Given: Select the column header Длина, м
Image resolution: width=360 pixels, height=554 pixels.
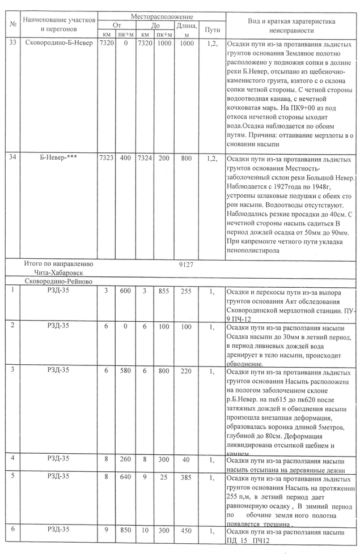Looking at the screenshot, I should pos(187,29).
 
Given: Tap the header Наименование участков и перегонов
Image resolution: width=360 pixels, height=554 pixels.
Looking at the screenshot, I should pos(60,24).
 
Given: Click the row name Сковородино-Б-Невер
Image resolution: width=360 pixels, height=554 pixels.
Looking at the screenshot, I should pos(59,44).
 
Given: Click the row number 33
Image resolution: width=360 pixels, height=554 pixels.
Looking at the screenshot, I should pos(12,44).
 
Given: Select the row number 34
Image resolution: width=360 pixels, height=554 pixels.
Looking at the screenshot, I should pos(12,157).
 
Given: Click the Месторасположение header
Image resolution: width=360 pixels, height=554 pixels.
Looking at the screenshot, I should pos(162,17).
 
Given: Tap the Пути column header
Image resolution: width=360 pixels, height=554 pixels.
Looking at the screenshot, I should pos(212,29).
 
